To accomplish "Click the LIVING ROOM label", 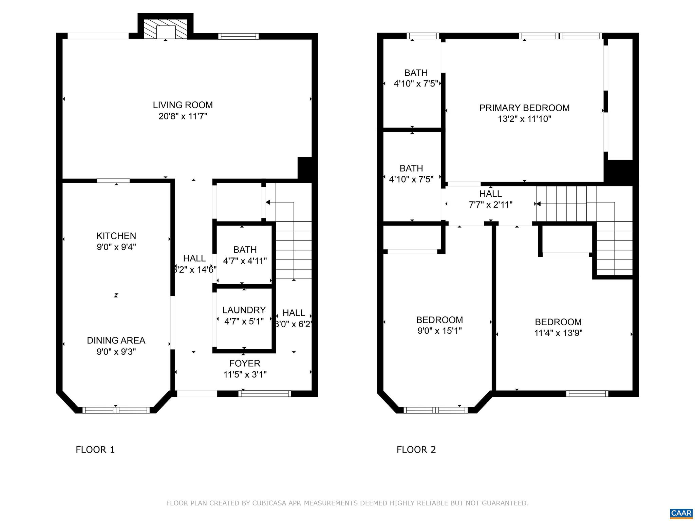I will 183,105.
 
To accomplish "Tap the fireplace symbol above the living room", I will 166,32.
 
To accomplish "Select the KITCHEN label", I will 116,236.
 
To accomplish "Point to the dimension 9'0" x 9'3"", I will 116,352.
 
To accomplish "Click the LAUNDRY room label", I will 244,310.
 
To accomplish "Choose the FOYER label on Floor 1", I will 244,363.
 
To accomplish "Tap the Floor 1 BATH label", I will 245,250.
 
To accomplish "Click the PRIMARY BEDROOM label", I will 524,108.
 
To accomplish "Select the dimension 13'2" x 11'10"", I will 524,119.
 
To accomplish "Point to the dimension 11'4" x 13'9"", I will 558,333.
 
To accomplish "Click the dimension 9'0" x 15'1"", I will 439,331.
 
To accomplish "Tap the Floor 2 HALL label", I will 490,194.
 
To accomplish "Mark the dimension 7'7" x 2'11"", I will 490,205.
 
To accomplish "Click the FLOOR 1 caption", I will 95,450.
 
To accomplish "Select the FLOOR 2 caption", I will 416,450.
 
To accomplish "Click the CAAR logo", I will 681,513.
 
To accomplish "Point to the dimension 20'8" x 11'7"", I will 183,116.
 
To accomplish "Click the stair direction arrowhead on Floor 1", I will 268,202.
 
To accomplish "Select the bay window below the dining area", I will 116,410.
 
